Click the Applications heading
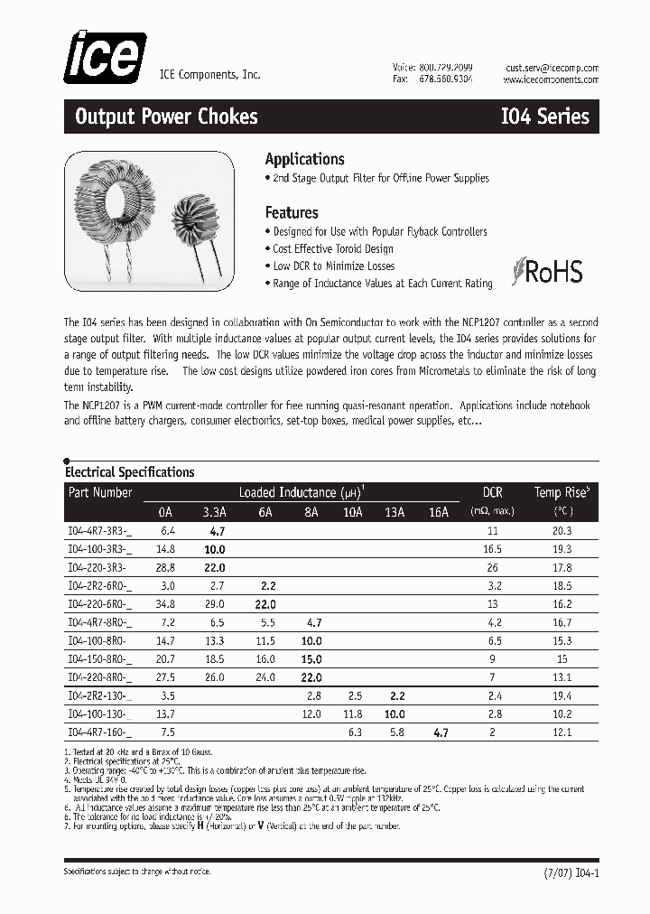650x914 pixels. point(304,159)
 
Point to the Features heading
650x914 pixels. point(291,213)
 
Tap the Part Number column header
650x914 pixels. point(99,492)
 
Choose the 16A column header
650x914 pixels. point(439,512)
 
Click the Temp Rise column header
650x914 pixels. point(562,492)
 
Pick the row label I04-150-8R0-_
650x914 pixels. point(99,659)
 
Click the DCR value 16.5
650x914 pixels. point(492,549)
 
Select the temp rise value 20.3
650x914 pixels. point(562,531)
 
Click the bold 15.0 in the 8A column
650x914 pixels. point(311,659)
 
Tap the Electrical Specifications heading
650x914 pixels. point(129,472)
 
